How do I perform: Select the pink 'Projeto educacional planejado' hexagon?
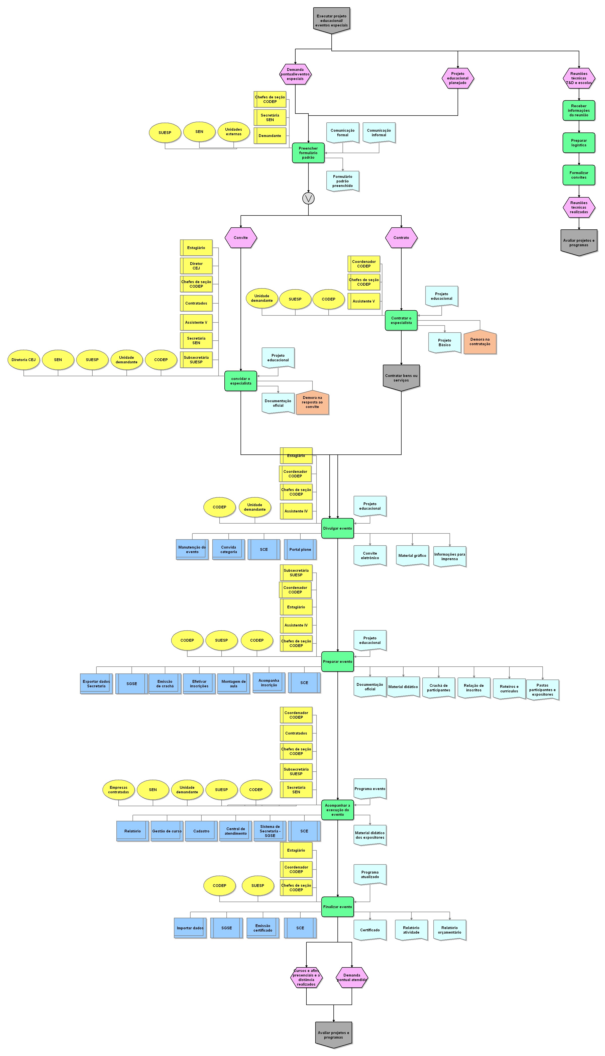458,78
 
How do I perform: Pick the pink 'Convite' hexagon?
241,238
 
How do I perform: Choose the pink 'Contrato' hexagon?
401,238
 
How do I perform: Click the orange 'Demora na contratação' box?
480,342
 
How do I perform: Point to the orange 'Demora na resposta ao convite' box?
312,402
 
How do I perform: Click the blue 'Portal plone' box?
300,549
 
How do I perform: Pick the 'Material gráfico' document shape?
412,555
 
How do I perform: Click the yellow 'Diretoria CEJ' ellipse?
24,360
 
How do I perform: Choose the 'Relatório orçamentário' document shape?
449,930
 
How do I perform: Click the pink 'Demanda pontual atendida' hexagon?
352,977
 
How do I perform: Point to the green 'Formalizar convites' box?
578,175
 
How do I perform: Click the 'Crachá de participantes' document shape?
438,688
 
